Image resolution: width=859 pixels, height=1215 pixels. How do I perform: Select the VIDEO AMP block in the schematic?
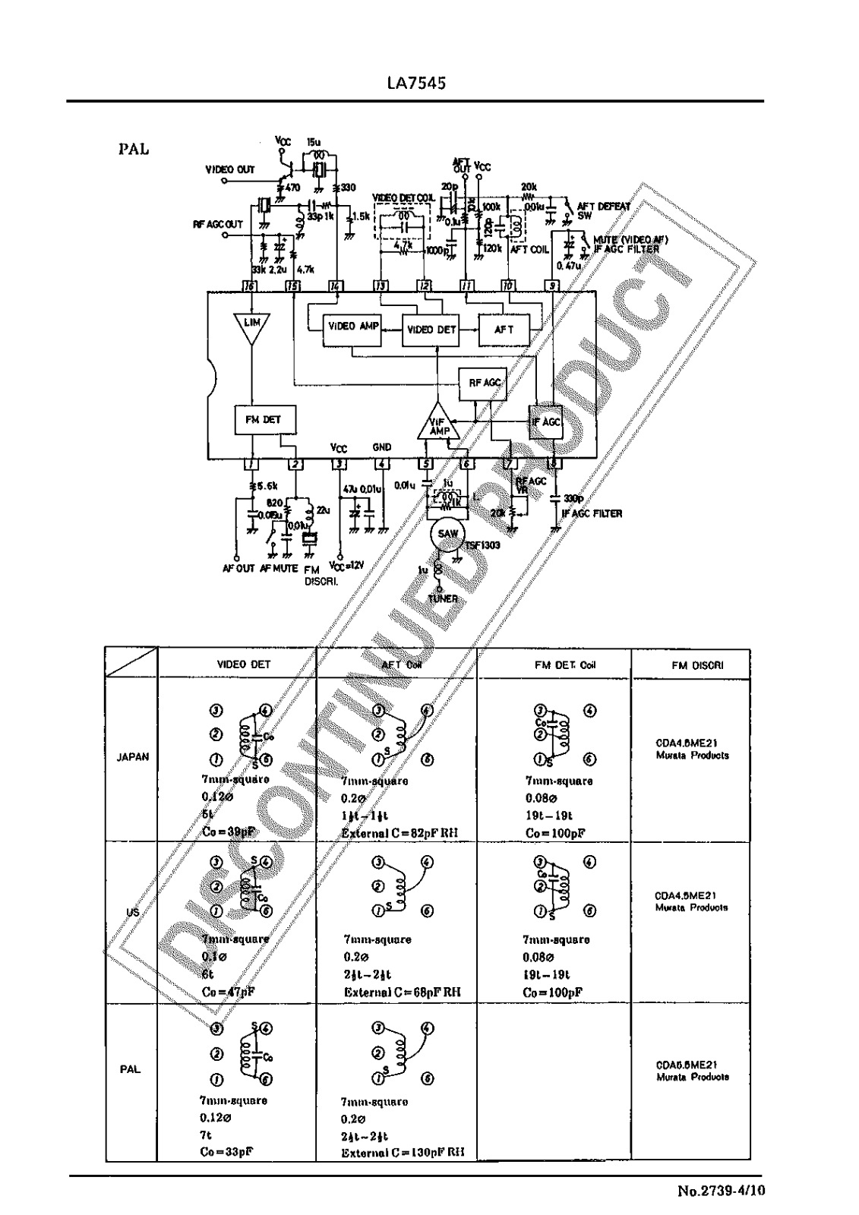[x=352, y=327]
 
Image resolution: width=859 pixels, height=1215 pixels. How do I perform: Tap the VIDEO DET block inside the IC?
[x=431, y=330]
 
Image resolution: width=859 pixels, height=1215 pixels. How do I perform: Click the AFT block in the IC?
[x=504, y=330]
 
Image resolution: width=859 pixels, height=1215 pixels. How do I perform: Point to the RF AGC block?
[x=484, y=383]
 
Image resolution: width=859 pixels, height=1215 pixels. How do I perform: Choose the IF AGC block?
[x=545, y=422]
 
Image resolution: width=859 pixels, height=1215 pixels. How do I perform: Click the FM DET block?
[x=263, y=419]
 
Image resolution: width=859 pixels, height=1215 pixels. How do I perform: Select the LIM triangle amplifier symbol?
[x=252, y=325]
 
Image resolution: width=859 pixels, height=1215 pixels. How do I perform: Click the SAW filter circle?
[x=448, y=535]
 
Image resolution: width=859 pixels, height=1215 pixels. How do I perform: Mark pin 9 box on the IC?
[x=552, y=286]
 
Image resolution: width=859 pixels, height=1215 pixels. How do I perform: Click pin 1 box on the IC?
[x=251, y=465]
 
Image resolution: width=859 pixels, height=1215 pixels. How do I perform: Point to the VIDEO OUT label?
[x=230, y=169]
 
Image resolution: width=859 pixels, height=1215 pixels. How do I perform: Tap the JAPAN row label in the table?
[x=132, y=757]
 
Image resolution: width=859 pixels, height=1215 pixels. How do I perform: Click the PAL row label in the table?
[x=130, y=1069]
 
